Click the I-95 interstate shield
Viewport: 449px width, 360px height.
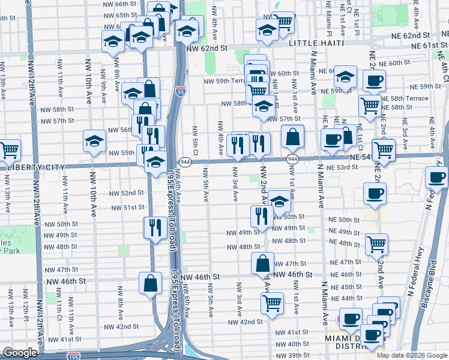pyautogui.click(x=181, y=91)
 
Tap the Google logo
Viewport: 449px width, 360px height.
pyautogui.click(x=20, y=353)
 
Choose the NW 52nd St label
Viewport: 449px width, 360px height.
pyautogui.click(x=127, y=193)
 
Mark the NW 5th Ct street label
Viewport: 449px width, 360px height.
pyautogui.click(x=194, y=139)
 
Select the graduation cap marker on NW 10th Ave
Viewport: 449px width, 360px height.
pyautogui.click(x=94, y=142)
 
